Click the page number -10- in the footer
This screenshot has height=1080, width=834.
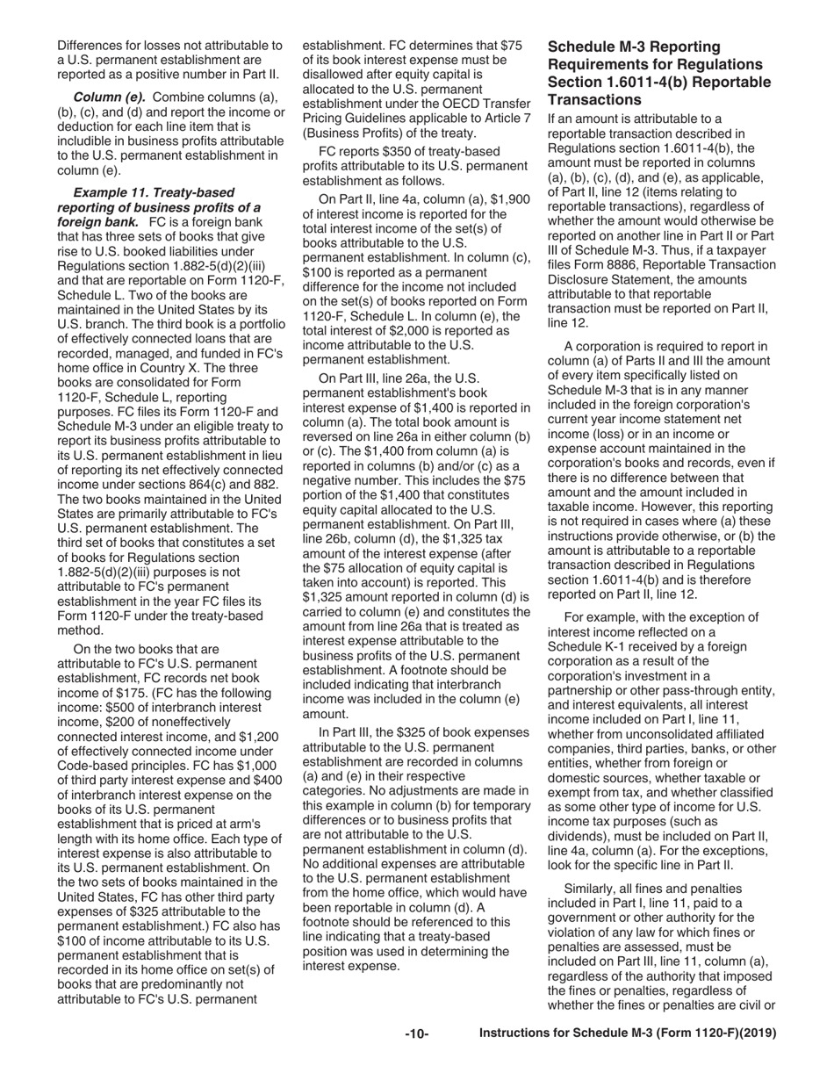(416, 1034)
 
